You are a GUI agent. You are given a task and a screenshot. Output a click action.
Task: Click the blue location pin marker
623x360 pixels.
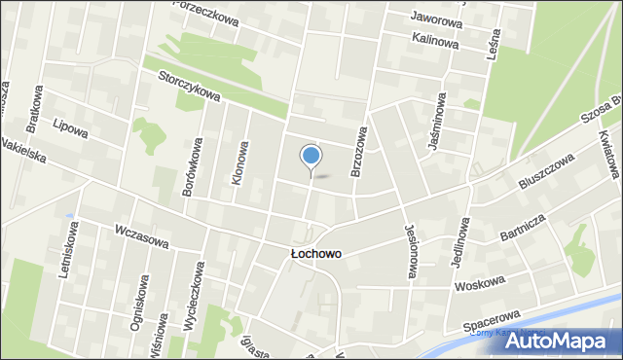point(311,157)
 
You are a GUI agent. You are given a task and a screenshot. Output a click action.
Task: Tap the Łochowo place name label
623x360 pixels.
point(315,254)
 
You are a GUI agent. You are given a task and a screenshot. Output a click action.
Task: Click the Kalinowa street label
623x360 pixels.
point(435,40)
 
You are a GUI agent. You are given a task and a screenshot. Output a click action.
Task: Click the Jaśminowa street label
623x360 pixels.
point(434,122)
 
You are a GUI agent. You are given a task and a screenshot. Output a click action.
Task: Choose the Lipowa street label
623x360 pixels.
point(70,128)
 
